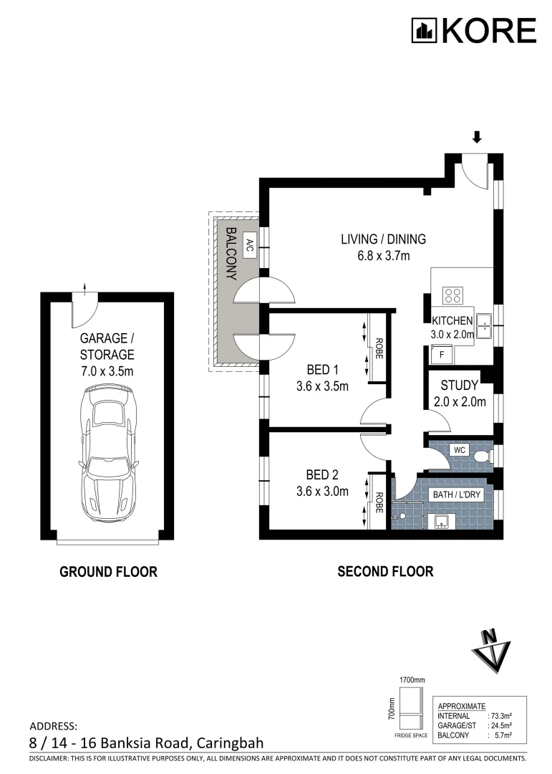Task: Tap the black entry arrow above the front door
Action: point(478,138)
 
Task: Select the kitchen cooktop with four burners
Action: point(452,295)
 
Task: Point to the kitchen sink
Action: point(483,325)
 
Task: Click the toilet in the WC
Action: point(482,455)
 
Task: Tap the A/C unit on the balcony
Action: point(250,245)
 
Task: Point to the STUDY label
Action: point(459,386)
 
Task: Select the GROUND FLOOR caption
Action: point(108,572)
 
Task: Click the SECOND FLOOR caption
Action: point(385,572)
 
